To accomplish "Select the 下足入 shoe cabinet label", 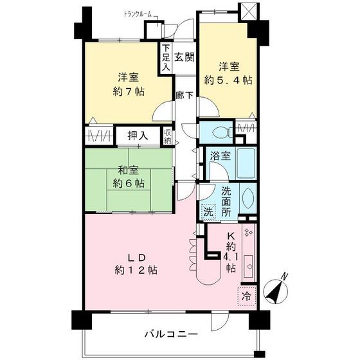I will click(x=165, y=57).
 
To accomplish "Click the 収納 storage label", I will click(x=167, y=137).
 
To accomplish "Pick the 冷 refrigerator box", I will click(x=246, y=296).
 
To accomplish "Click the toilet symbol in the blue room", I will click(x=218, y=132).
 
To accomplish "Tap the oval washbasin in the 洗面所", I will click(x=249, y=199).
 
